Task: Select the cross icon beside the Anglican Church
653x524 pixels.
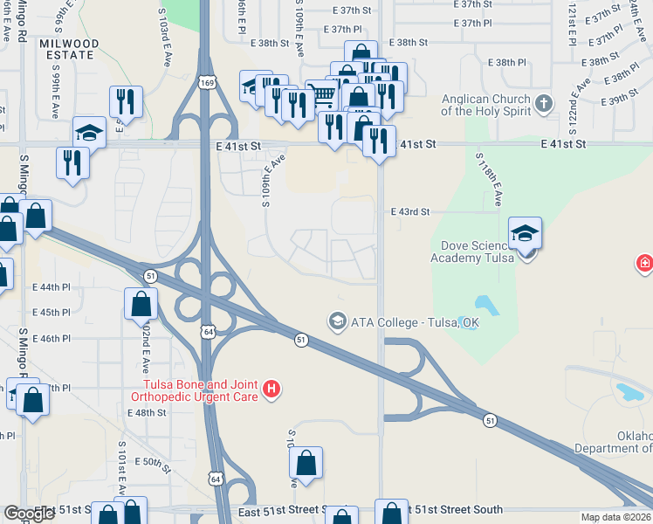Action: tap(544, 105)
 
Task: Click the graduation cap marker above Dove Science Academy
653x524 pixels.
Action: tap(525, 233)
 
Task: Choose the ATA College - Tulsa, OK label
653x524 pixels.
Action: tap(415, 321)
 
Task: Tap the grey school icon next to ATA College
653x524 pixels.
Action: tap(336, 321)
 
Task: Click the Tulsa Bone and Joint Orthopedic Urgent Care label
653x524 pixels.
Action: tap(196, 390)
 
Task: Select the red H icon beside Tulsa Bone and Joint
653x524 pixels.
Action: tap(272, 389)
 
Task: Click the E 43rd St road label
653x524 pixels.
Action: tap(410, 211)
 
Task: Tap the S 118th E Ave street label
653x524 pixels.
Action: tap(488, 178)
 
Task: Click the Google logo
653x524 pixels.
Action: tap(30, 514)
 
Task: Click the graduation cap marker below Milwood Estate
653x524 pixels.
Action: tap(88, 132)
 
